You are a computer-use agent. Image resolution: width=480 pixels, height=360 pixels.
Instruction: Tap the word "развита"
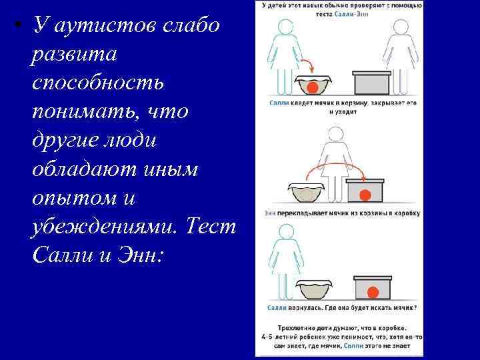[x=73, y=55]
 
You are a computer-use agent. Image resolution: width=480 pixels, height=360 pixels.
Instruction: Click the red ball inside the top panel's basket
[x=313, y=87]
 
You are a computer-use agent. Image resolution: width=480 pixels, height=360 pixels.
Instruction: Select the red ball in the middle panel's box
[x=365, y=195]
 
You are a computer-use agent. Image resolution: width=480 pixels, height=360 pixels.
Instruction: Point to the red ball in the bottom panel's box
[x=373, y=291]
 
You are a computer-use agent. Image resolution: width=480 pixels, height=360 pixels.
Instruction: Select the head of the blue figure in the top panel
[x=285, y=27]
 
